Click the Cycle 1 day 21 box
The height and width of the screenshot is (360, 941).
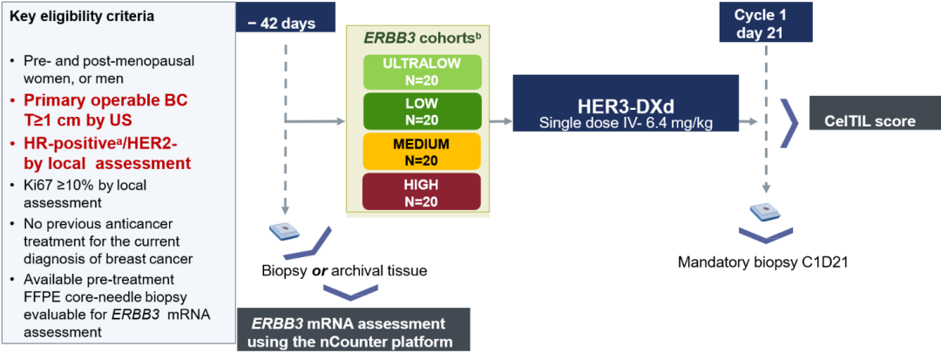tap(764, 24)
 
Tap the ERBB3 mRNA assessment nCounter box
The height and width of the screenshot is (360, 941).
tap(352, 332)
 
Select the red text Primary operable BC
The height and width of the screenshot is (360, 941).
tap(105, 101)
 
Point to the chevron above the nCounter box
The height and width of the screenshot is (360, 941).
tap(350, 290)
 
